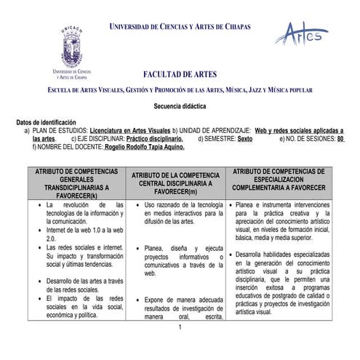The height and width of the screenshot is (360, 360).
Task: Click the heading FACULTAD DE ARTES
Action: (180, 74)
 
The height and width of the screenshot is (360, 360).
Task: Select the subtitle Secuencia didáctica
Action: (180, 105)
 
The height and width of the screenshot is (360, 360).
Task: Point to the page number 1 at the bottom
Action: (179, 327)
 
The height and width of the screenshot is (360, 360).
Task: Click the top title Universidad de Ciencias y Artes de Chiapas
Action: (180, 27)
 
